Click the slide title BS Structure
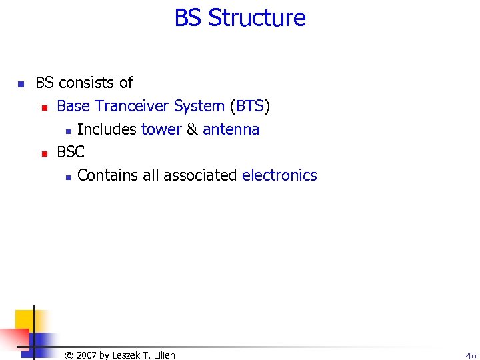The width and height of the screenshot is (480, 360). coord(240,18)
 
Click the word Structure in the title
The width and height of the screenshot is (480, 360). coord(257,18)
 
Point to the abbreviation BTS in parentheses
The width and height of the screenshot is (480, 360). coord(250,106)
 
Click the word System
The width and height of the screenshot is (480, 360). coord(199,106)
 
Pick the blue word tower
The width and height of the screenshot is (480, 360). coord(161,129)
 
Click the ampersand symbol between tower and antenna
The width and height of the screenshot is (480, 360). coord(192,129)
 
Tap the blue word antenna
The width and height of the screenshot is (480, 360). coord(231,129)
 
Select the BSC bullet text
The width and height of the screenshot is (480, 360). coord(71,152)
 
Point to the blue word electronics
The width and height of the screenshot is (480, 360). coord(279,175)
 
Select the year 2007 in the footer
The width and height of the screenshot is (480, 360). coord(87,355)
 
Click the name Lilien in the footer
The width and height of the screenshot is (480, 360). coord(163,355)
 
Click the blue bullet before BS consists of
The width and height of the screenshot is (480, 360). coord(21,84)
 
